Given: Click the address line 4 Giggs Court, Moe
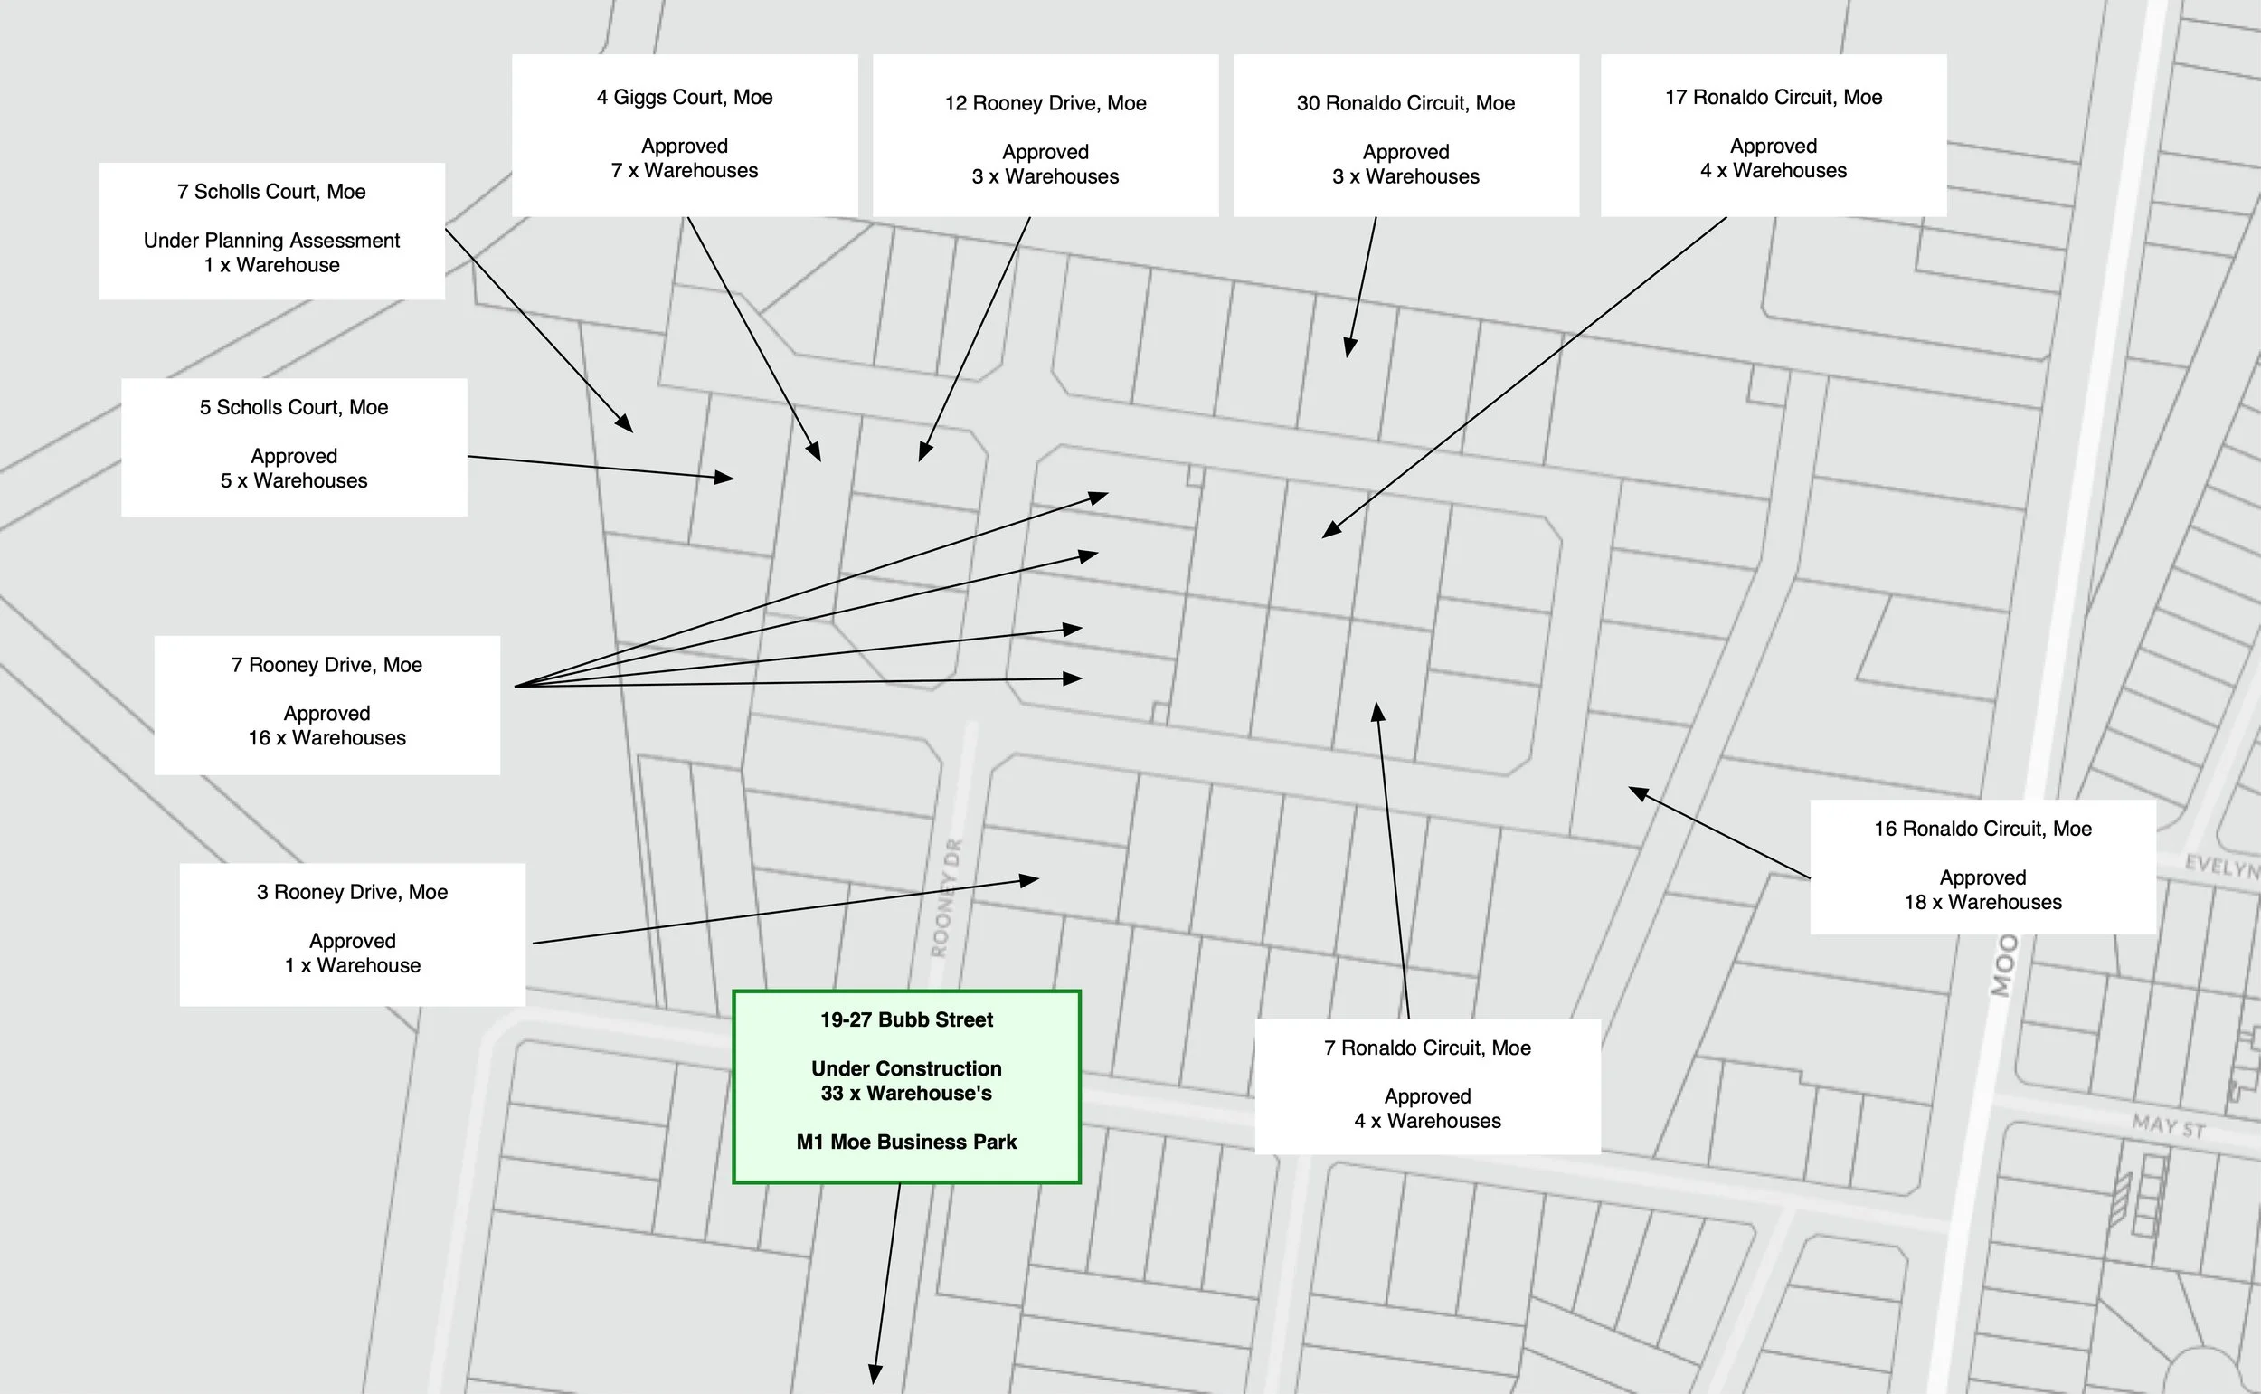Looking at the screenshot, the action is tap(684, 97).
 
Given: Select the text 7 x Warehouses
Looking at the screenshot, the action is tap(684, 171).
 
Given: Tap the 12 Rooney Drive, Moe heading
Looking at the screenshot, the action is tap(1045, 103).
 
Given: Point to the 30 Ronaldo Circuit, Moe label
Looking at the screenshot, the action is tap(1405, 103).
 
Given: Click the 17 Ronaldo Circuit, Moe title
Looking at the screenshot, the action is tap(1774, 97).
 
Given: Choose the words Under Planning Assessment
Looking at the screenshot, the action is tap(271, 241).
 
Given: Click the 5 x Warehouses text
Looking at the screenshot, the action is tap(293, 480).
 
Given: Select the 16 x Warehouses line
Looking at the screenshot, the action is tap(326, 737).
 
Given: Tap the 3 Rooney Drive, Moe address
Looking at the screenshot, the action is tap(352, 892).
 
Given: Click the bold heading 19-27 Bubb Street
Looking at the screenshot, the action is tap(906, 1019).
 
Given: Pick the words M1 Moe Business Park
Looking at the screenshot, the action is tap(906, 1142).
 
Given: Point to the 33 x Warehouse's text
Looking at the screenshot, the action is tap(906, 1094).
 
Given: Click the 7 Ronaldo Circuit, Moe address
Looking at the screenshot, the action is tap(1427, 1048).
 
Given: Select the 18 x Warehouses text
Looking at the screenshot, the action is tap(1982, 902).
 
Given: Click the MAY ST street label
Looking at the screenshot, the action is tap(2168, 1125).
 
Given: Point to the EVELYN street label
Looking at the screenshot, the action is tap(2222, 868).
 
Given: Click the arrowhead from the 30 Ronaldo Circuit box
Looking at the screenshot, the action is tap(1349, 348).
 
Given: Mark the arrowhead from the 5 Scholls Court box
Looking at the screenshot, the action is tap(725, 477).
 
